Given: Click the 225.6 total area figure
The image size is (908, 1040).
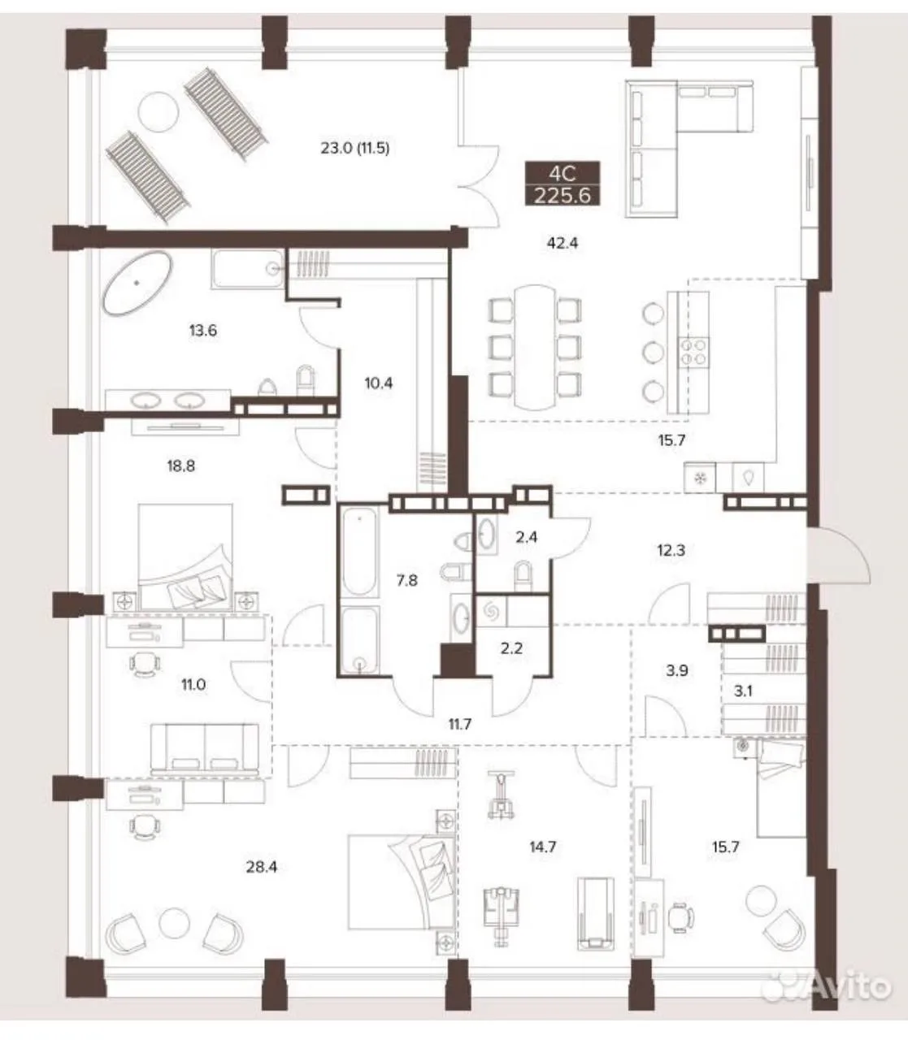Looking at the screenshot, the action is (563, 195).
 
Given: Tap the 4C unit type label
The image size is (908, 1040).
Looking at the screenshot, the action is (563, 174).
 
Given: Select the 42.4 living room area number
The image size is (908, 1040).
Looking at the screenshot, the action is (563, 243).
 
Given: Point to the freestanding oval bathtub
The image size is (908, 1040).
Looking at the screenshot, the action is (137, 282).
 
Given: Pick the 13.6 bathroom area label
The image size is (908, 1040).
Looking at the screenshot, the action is (203, 331).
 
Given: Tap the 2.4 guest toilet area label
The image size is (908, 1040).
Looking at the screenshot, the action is (526, 537).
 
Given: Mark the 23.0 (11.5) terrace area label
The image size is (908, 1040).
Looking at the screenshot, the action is (355, 148).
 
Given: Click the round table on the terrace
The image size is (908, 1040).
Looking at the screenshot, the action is (159, 112).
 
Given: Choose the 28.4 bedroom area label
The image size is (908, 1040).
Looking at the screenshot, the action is (261, 867).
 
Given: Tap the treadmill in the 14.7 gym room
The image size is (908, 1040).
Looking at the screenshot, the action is (595, 913).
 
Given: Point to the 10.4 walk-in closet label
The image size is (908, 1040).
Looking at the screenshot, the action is (378, 383).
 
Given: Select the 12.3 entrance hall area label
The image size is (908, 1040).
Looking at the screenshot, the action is (671, 550).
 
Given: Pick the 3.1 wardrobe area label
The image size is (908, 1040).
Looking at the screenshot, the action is (743, 691).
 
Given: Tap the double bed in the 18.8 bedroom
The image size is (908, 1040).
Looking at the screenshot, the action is (185, 557).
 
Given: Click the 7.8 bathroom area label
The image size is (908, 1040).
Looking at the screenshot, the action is (406, 580).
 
